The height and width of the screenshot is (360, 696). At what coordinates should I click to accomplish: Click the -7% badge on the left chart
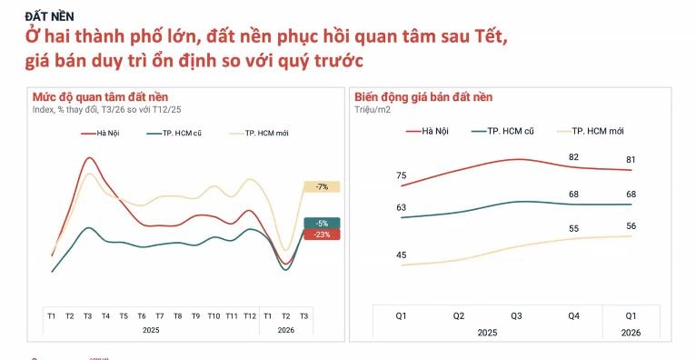point(322,186)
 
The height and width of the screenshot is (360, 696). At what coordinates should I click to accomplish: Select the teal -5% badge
point(322,223)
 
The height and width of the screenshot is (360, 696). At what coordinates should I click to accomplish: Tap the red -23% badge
point(322,235)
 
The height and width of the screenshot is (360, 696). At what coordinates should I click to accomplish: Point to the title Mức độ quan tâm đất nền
point(100,97)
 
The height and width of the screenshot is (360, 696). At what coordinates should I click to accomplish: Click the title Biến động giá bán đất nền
point(423,97)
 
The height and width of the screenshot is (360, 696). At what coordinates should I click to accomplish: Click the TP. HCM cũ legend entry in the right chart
point(510,131)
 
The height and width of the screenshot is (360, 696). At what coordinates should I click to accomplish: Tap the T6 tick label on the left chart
point(141,315)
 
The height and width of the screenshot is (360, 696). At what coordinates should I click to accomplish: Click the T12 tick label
point(249,315)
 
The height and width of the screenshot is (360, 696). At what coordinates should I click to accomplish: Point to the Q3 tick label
point(516,315)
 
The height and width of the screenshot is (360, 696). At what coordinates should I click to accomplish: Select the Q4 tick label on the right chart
point(573,315)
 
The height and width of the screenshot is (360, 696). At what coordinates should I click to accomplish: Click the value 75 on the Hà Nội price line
point(402,175)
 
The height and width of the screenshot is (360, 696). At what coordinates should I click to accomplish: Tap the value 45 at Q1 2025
point(402,255)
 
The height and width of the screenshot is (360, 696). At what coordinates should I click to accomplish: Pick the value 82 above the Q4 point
point(573,157)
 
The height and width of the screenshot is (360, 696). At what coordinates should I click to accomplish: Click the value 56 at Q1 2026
point(631,225)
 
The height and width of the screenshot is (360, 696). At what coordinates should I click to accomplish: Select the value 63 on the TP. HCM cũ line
point(402,207)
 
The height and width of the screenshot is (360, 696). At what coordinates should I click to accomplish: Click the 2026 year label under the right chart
point(631,332)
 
